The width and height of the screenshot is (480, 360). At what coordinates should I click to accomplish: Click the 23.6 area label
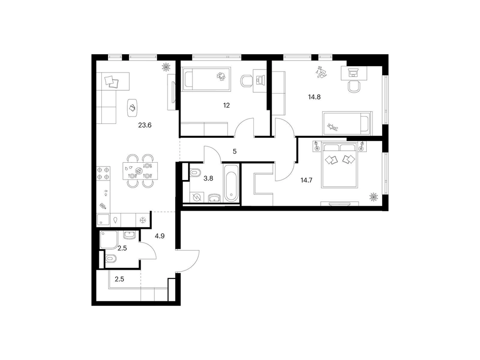click(145, 125)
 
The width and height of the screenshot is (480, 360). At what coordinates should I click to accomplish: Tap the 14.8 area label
click(314, 97)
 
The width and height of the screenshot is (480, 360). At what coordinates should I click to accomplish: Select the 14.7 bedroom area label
click(306, 180)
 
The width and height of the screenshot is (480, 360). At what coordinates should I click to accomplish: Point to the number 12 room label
click(226, 106)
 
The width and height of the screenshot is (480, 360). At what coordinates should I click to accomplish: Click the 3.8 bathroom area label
click(208, 178)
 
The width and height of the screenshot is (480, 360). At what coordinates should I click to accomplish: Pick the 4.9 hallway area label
click(159, 236)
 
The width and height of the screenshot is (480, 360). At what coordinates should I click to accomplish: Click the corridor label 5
click(235, 152)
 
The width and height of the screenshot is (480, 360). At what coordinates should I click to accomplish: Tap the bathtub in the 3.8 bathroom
click(231, 183)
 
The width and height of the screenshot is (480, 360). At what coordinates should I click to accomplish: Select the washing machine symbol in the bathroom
click(196, 197)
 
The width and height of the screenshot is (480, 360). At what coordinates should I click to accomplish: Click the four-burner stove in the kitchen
click(104, 173)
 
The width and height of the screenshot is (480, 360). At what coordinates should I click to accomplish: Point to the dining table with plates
click(140, 171)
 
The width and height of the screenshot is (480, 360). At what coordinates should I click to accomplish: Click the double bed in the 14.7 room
click(339, 164)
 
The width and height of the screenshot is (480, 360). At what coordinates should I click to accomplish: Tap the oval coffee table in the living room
click(132, 108)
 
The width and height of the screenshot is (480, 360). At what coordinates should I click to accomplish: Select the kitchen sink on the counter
click(103, 220)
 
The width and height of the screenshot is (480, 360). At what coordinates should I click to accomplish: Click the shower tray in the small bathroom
click(108, 240)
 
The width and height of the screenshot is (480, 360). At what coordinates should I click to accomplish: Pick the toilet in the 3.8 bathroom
click(194, 173)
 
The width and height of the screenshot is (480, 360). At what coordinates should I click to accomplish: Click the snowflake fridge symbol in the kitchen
click(143, 220)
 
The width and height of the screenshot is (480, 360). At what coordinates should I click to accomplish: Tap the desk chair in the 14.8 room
click(354, 86)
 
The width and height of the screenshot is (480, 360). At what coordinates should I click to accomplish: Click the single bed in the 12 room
click(206, 79)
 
